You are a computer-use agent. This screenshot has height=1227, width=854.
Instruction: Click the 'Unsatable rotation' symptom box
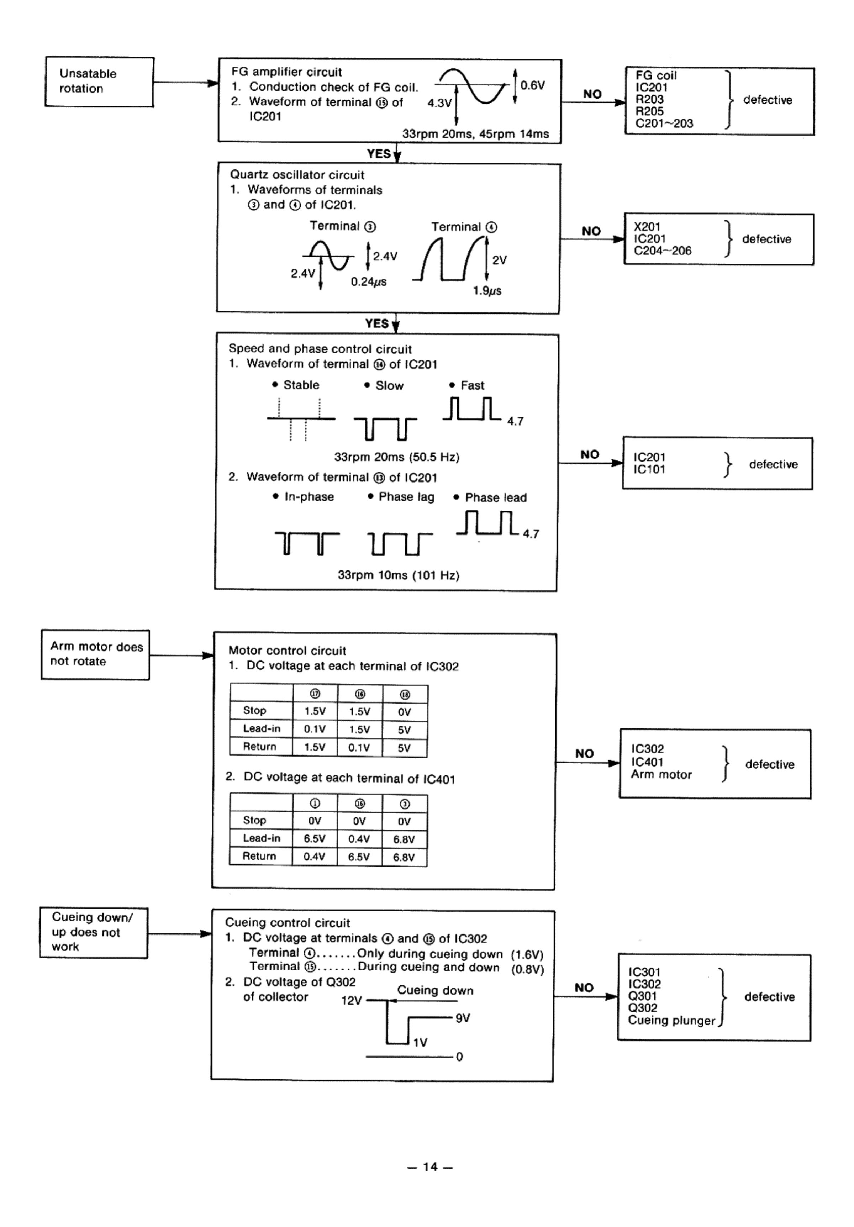pos(99,82)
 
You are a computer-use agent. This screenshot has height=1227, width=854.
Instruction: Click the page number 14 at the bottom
pos(430,1166)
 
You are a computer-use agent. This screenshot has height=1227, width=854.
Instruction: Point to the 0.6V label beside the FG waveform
pos(532,85)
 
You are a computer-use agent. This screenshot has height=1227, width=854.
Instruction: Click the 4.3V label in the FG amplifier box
pos(439,103)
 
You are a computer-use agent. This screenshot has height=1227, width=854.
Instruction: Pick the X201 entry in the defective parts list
pos(647,227)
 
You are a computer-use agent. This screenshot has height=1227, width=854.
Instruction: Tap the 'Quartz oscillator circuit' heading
pos(297,175)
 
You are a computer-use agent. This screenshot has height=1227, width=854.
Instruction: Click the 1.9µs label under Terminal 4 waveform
pos(487,291)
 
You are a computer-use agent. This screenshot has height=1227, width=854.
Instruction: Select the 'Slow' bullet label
pos(389,386)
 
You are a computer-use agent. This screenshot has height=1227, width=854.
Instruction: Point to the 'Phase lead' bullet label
pos(495,497)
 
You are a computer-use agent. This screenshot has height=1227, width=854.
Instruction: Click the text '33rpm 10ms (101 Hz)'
pos(398,575)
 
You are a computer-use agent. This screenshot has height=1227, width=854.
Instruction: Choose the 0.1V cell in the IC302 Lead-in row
pos(315,729)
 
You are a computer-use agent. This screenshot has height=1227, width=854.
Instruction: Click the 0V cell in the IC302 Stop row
pos(405,712)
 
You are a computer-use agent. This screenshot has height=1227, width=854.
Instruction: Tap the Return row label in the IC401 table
pos(259,856)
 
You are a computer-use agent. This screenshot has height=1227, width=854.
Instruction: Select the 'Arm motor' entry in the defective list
pos(661,774)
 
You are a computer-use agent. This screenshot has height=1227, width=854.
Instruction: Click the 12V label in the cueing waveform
pos(351,1000)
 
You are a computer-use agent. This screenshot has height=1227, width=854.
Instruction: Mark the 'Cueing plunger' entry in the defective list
pos(671,1020)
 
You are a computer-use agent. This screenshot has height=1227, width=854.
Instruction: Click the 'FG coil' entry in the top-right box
pos(656,75)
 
